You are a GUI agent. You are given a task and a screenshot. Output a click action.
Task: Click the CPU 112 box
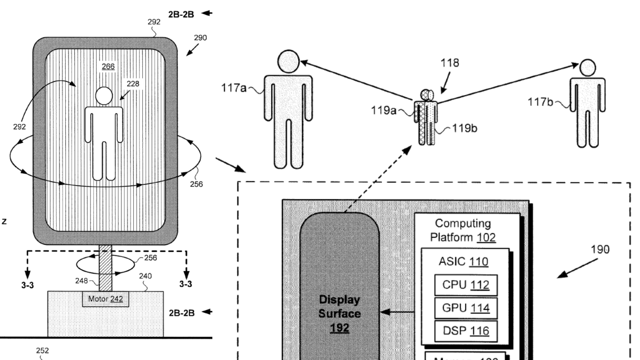pos(465,285)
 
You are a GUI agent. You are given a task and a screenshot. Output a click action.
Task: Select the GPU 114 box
pos(465,308)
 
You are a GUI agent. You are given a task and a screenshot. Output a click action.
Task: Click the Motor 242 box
pos(105,298)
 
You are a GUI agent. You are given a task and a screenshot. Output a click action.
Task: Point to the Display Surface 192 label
pos(339,314)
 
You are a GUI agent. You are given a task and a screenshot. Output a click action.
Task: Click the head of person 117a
pos(288,62)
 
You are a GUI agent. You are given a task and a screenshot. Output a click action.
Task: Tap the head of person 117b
pos(587,68)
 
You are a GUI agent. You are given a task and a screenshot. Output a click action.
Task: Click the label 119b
pos(465,129)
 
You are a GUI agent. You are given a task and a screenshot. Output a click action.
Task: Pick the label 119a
pos(383,109)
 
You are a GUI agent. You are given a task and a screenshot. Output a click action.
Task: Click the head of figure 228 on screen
pos(104,95)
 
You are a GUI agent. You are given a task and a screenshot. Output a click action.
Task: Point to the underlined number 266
pos(108,67)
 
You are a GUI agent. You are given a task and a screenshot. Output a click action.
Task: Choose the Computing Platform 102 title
pos(463,230)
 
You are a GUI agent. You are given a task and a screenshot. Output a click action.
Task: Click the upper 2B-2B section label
pos(181,14)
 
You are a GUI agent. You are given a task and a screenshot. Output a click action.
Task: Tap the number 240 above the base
pos(145,276)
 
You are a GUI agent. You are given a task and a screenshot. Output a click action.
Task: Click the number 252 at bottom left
pos(42,350)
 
